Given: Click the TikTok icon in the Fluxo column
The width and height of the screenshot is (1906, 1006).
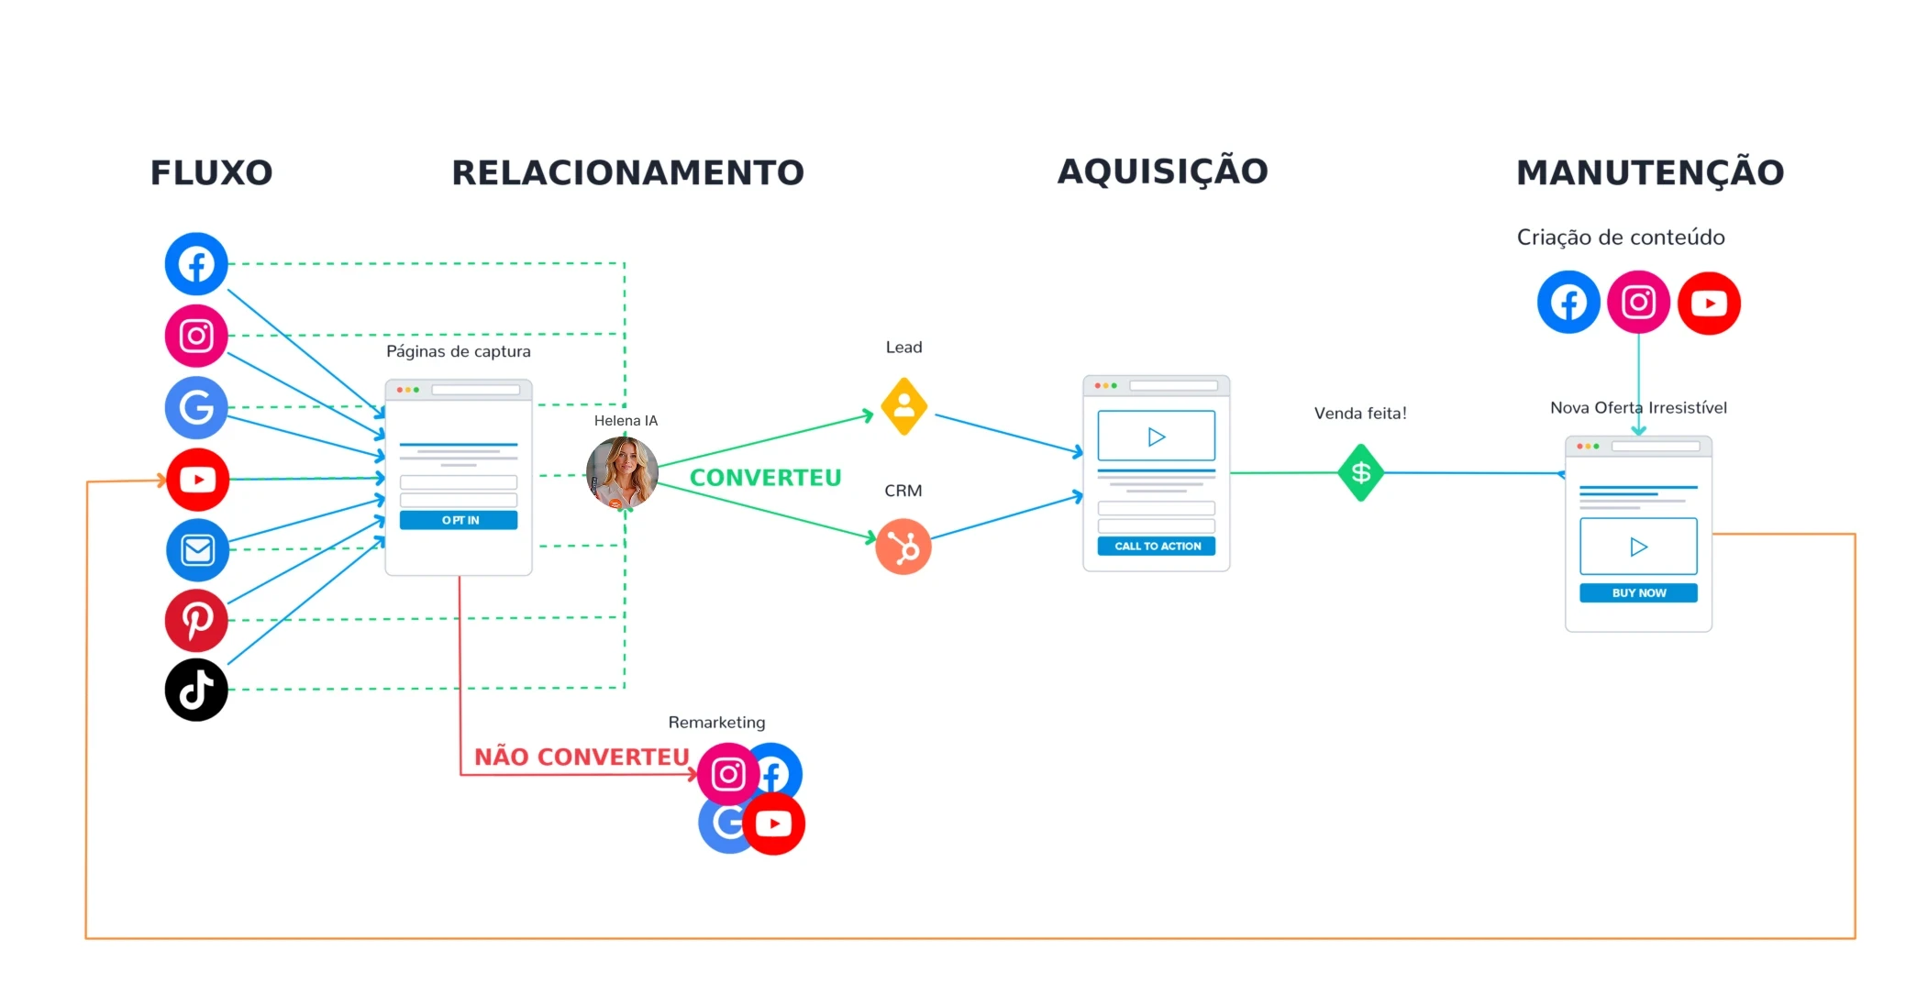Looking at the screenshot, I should tap(196, 690).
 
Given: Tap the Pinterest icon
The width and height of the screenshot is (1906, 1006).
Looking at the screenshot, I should tap(196, 620).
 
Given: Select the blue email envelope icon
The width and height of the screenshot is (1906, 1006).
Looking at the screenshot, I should tap(197, 550).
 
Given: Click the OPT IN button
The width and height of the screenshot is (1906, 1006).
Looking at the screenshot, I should tap(459, 520).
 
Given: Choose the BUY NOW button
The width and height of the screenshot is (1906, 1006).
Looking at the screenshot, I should tap(1638, 592).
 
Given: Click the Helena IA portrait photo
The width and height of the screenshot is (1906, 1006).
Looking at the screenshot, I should tap(622, 473).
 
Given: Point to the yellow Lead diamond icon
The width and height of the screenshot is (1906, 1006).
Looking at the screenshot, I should tap(903, 405).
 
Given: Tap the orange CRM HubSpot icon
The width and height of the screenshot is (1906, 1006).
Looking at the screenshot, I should tap(903, 547).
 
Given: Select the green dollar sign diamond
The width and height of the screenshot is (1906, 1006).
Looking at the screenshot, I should tap(1360, 472).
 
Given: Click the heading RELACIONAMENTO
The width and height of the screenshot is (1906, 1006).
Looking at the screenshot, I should tap(627, 172).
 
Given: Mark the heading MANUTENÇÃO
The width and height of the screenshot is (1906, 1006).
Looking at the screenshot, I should tap(1649, 172).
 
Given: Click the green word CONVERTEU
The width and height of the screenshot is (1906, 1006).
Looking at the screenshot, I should tap(765, 478).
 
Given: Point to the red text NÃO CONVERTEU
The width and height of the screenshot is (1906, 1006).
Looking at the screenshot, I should tap(582, 757).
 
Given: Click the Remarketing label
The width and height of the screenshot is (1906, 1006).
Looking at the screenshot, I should tap(716, 723).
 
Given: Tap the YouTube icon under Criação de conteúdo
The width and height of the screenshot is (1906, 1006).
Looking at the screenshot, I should tap(1709, 303).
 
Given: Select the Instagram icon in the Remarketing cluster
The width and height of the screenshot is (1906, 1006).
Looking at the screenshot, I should tap(728, 774).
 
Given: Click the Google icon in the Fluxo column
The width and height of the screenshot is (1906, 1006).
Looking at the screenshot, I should tap(196, 407).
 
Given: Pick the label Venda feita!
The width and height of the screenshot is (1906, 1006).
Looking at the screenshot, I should tap(1360, 414).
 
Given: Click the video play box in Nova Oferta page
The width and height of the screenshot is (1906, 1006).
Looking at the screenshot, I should tap(1638, 547).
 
